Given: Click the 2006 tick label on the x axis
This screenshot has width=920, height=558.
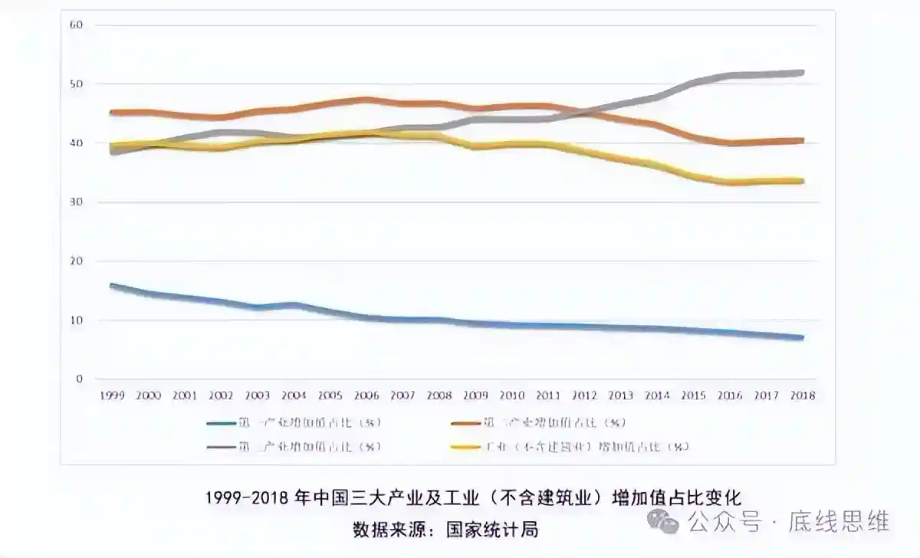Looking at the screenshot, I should tap(366, 396).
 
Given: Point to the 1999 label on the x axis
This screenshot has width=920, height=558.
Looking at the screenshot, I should tap(113, 396).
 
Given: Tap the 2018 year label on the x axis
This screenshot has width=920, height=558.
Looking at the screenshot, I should tap(802, 396).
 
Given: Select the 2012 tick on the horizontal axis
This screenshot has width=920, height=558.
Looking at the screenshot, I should tap(584, 396).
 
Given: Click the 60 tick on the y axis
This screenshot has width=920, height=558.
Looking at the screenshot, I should tap(76, 25).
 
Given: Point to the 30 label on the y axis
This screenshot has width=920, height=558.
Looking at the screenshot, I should tap(76, 202).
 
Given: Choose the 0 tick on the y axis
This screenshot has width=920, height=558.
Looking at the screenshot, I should tap(79, 379).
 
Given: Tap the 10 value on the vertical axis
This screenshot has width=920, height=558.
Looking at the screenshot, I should tap(76, 320).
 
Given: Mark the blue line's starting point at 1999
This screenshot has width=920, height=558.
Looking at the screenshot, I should tap(113, 286).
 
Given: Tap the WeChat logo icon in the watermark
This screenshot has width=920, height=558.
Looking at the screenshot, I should tap(662, 522).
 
